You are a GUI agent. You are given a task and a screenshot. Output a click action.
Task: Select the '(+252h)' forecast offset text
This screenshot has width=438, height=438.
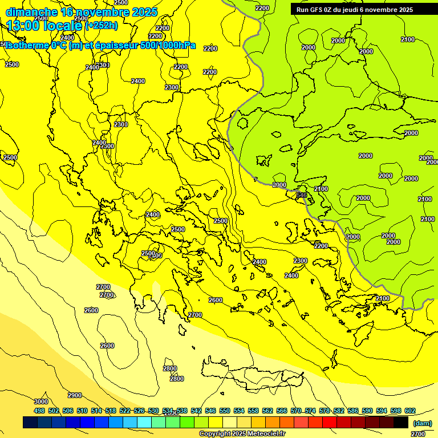coord(102,25)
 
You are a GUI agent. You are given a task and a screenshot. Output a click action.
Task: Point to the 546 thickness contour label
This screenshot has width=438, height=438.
coord(302,195)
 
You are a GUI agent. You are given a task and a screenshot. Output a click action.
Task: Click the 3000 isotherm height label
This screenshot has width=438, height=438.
coord(40,401)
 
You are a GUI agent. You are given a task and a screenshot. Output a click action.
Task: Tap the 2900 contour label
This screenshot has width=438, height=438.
coord(75,395)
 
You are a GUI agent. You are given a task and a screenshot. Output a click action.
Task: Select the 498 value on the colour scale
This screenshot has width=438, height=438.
coord(39,411)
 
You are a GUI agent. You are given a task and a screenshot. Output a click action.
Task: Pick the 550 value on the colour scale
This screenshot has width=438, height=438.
coord(225,411)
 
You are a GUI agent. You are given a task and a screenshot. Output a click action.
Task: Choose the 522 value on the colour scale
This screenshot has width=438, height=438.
coord(125,411)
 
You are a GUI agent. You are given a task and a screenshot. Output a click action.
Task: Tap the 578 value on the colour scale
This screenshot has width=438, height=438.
coord(325,411)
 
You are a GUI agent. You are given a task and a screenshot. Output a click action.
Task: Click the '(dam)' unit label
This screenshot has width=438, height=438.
coord(422,423)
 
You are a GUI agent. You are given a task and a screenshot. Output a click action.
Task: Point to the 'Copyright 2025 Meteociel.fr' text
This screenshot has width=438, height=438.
coord(242,433)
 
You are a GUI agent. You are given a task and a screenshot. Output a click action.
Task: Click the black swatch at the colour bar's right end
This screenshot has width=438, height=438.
coord(401,423)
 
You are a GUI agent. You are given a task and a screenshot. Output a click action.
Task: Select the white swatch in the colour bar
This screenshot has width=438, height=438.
coord(230,423)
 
